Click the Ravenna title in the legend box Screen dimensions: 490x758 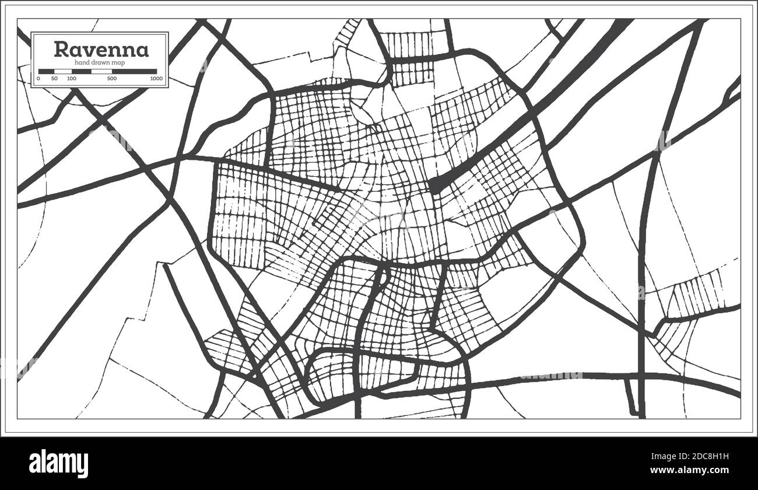coord(101,49)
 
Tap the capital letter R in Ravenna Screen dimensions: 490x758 coord(60,49)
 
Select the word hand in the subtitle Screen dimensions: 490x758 coord(83,62)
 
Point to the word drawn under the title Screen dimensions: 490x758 coord(104,62)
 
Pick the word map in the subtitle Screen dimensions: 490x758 coord(124,62)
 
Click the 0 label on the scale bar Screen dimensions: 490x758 coord(38,78)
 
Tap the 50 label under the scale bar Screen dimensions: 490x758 coord(54,78)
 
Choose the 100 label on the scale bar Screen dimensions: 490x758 coord(71,78)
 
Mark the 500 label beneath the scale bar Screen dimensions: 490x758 coord(112,78)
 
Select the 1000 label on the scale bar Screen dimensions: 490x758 coord(156,78)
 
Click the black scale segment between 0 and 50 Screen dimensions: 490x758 coord(47,71)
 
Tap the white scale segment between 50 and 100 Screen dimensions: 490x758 coord(63,71)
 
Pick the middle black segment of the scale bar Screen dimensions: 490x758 coord(82,71)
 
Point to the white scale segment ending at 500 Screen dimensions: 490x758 coord(101,71)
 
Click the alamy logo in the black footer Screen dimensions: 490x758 coord(59,464)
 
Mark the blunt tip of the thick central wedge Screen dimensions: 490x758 coord(434,186)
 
